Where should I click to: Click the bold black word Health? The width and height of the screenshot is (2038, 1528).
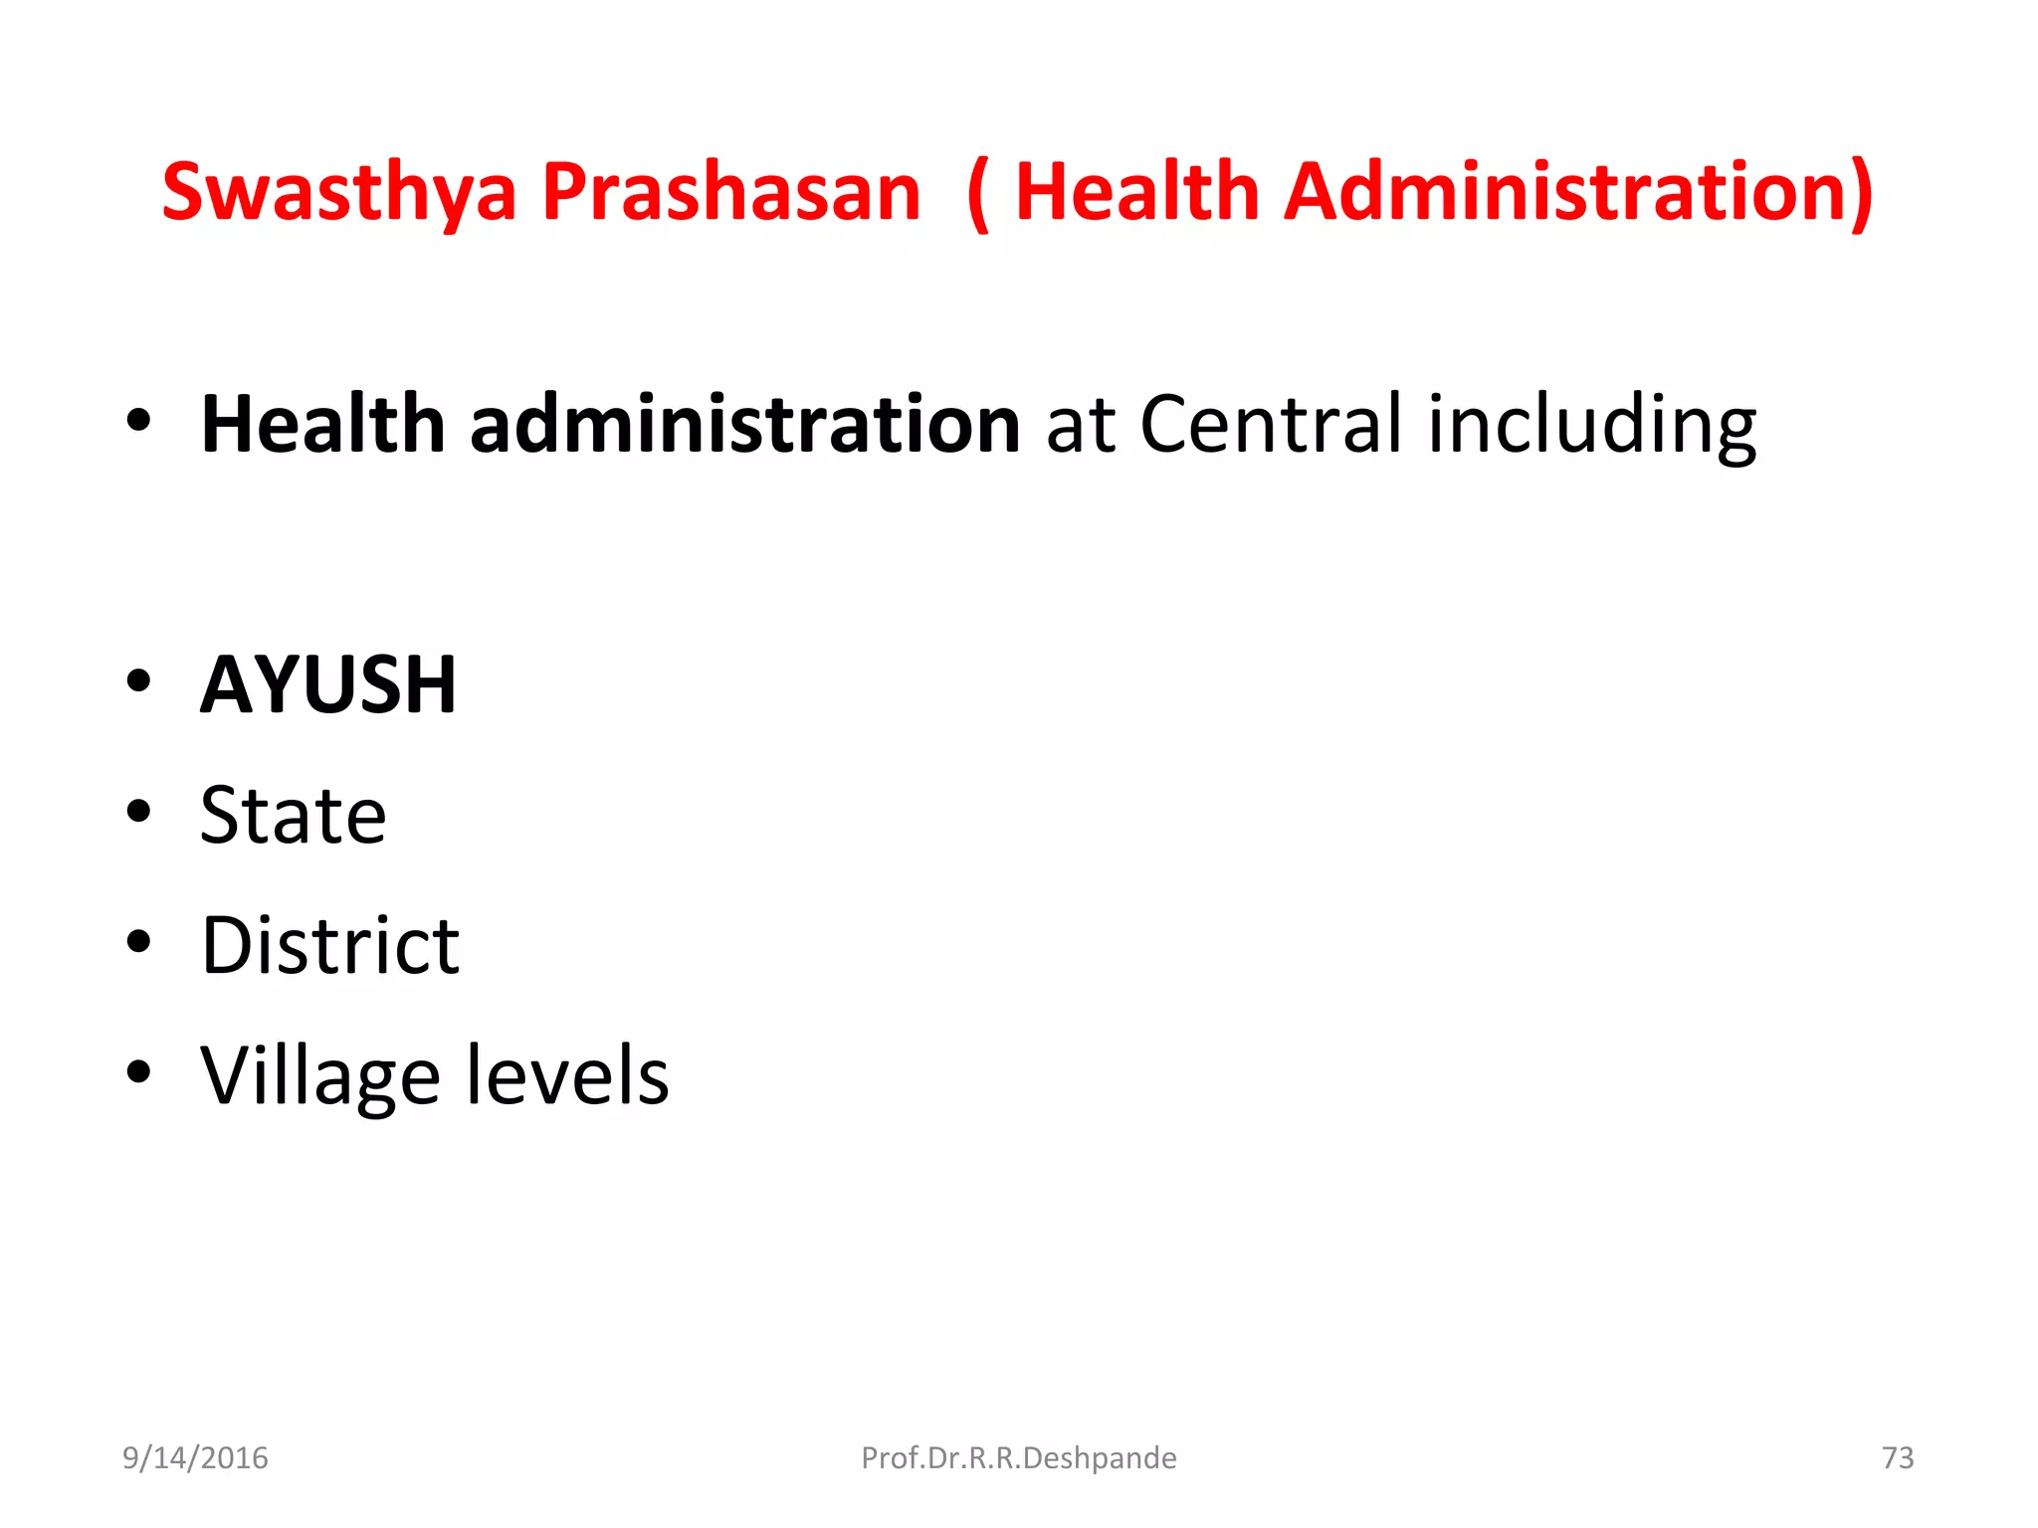tap(322, 425)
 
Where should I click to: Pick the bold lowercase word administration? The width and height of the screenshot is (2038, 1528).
tap(744, 425)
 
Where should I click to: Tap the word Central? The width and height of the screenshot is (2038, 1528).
tap(1272, 425)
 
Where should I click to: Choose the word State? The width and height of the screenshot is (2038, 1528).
tap(293, 816)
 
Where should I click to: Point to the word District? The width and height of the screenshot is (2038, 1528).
tap(329, 945)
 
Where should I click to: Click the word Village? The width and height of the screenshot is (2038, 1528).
tap(319, 1077)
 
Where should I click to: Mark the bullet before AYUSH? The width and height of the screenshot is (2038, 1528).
tap(138, 682)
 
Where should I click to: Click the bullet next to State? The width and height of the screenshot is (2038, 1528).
tap(138, 812)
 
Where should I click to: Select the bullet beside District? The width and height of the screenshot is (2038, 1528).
tap(138, 941)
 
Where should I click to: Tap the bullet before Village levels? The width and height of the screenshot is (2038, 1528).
tap(138, 1071)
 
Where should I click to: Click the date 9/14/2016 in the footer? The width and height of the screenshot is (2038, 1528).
tap(195, 1457)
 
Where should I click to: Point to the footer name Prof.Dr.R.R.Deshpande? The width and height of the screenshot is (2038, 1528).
tap(1018, 1457)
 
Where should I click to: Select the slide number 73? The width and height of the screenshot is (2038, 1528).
tap(1898, 1457)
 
